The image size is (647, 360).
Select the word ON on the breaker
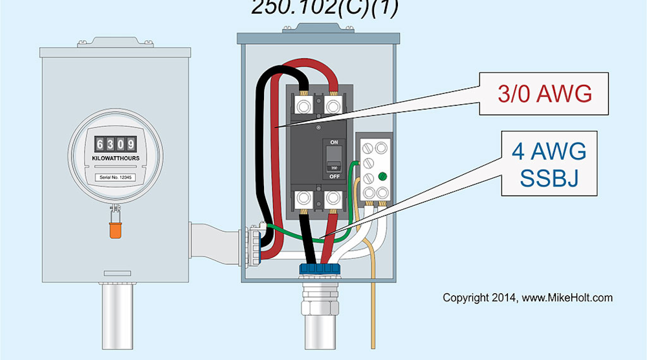334,142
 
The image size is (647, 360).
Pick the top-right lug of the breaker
333,104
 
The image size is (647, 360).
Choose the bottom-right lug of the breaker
334,198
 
